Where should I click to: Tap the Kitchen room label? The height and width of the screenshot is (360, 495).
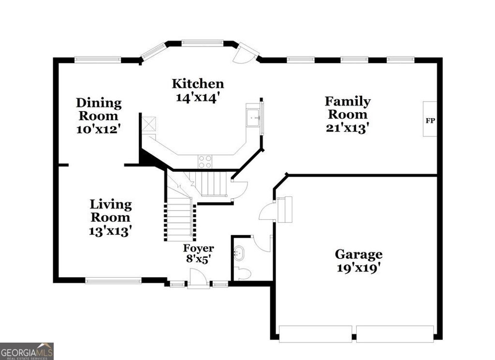[198, 84]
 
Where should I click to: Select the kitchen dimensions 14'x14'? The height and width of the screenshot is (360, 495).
[198, 97]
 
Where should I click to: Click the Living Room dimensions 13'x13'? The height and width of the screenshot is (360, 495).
[111, 231]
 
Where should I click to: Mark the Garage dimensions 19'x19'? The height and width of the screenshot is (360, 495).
[359, 268]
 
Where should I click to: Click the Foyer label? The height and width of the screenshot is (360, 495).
[198, 248]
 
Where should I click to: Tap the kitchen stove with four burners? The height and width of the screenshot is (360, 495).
[204, 161]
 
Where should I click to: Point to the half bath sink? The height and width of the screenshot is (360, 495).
[239, 253]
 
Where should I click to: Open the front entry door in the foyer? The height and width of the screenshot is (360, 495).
[198, 280]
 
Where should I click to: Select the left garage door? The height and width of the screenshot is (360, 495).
[315, 334]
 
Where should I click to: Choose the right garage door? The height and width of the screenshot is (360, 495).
[395, 334]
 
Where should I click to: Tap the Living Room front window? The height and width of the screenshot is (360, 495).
[114, 280]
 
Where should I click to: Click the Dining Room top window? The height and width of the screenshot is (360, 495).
[98, 60]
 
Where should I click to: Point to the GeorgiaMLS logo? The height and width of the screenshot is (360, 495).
[27, 351]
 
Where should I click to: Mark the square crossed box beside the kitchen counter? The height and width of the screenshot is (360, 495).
[149, 124]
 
